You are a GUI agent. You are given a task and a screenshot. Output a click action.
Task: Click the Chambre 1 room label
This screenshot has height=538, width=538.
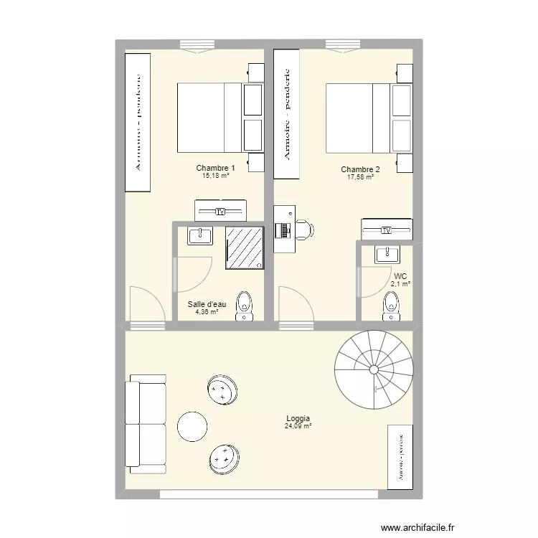215,168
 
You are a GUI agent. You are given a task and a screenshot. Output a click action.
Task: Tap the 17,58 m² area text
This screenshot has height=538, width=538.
360,177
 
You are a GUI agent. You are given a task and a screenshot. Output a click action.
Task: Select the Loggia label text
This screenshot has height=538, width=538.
298,418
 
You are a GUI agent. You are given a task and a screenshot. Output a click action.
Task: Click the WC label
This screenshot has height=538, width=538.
400,275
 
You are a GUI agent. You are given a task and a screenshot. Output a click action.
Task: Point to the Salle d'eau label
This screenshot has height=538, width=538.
207,304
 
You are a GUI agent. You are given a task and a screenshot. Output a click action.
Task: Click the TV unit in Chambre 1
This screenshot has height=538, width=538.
220,211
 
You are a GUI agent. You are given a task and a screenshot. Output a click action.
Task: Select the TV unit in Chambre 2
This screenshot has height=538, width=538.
387,230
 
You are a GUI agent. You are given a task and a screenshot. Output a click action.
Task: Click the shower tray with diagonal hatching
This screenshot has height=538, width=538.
245,247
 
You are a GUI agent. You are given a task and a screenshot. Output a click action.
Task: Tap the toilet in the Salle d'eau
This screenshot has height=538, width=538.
245,306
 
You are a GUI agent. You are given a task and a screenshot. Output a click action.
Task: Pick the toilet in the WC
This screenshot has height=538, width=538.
392,306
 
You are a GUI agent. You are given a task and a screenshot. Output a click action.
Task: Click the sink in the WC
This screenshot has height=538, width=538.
387,254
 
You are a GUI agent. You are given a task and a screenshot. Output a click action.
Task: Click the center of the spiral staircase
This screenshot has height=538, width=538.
373,369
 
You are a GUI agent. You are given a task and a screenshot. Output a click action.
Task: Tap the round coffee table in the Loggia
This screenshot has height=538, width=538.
192,427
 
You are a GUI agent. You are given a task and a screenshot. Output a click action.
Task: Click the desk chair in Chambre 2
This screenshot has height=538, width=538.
303,230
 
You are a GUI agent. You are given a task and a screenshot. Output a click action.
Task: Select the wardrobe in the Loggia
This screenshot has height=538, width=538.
400,457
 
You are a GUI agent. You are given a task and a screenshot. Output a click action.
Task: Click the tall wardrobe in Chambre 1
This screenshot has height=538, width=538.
138,123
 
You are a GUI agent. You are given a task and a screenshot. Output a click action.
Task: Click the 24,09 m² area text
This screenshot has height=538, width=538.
298,426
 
